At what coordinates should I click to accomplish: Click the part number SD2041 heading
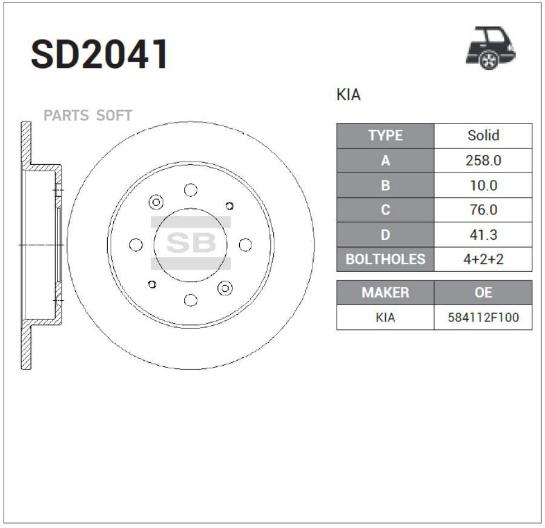pos(99,54)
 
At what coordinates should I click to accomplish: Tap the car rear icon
pos(490,48)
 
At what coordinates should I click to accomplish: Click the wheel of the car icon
pos(489,60)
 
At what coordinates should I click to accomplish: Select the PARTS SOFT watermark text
pos(88,116)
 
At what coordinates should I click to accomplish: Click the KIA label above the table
pos(348,94)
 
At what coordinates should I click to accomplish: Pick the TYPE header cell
pos(386,136)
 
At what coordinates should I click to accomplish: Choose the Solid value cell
pos(483,136)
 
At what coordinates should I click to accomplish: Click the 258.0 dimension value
pos(483,160)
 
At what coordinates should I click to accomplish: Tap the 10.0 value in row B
pos(483,185)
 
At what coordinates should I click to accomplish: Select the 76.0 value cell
pos(483,210)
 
